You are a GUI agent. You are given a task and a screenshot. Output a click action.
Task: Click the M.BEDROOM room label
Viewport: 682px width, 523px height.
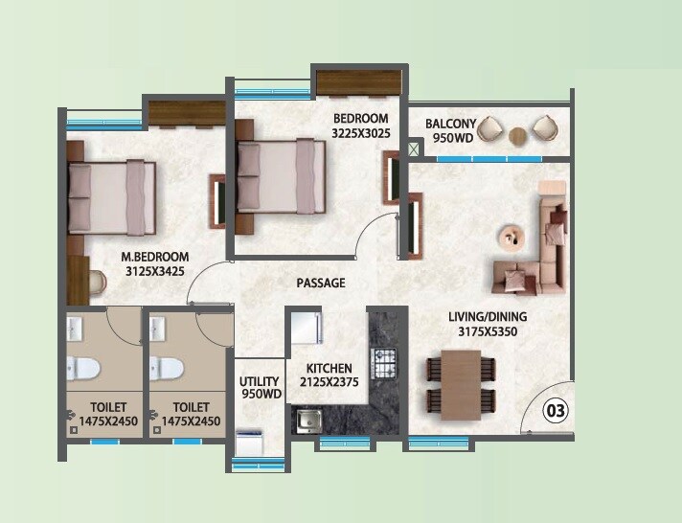tap(154, 257)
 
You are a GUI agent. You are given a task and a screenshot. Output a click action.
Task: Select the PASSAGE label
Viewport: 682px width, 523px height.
tap(320, 284)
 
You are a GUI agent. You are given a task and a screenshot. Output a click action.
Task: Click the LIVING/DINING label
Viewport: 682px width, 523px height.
tap(488, 317)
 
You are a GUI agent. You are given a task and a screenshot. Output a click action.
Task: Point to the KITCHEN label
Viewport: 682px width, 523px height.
tap(329, 368)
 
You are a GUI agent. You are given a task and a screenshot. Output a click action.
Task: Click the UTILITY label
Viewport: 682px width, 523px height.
tap(260, 381)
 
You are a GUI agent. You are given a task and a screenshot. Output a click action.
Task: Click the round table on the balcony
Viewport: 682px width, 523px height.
tap(518, 135)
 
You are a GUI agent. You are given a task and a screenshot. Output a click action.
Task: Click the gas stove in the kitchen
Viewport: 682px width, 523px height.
tap(384, 363)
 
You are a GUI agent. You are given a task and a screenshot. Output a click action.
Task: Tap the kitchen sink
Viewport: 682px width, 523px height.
tap(308, 418)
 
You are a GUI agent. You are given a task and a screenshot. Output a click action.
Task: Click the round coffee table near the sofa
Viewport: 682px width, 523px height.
tap(510, 235)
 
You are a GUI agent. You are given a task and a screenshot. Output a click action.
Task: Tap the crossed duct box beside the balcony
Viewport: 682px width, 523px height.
tap(415, 149)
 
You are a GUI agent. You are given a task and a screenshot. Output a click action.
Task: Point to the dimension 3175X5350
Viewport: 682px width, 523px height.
tap(488, 332)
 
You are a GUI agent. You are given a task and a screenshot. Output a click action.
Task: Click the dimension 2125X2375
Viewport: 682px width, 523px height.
tap(329, 383)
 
